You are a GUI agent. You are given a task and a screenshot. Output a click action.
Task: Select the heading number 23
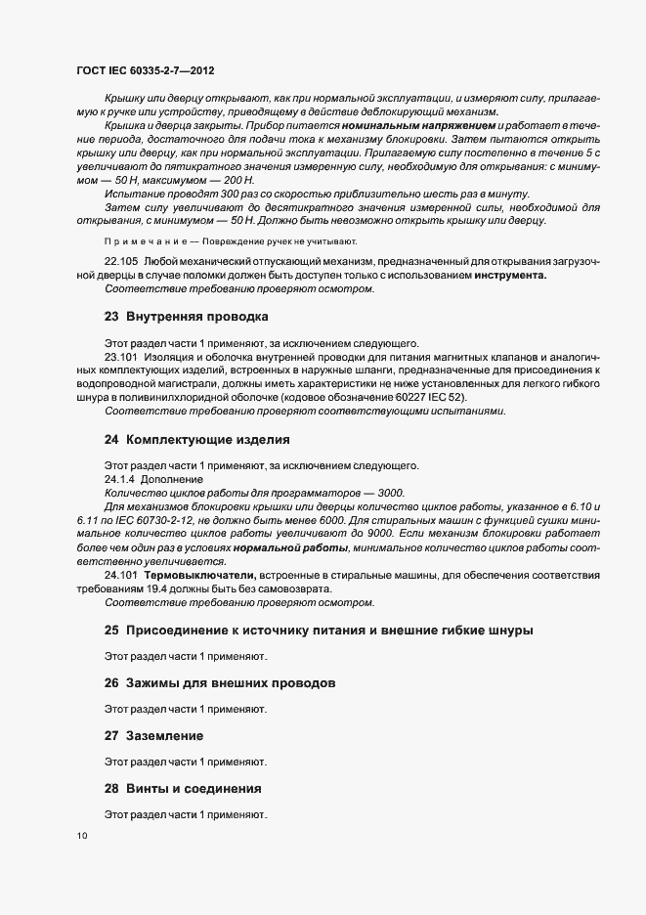point(111,317)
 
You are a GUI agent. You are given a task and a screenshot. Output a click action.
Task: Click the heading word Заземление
point(168,734)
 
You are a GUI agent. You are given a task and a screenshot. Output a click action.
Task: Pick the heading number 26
point(111,682)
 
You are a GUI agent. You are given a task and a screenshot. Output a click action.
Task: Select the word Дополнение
point(172,480)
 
